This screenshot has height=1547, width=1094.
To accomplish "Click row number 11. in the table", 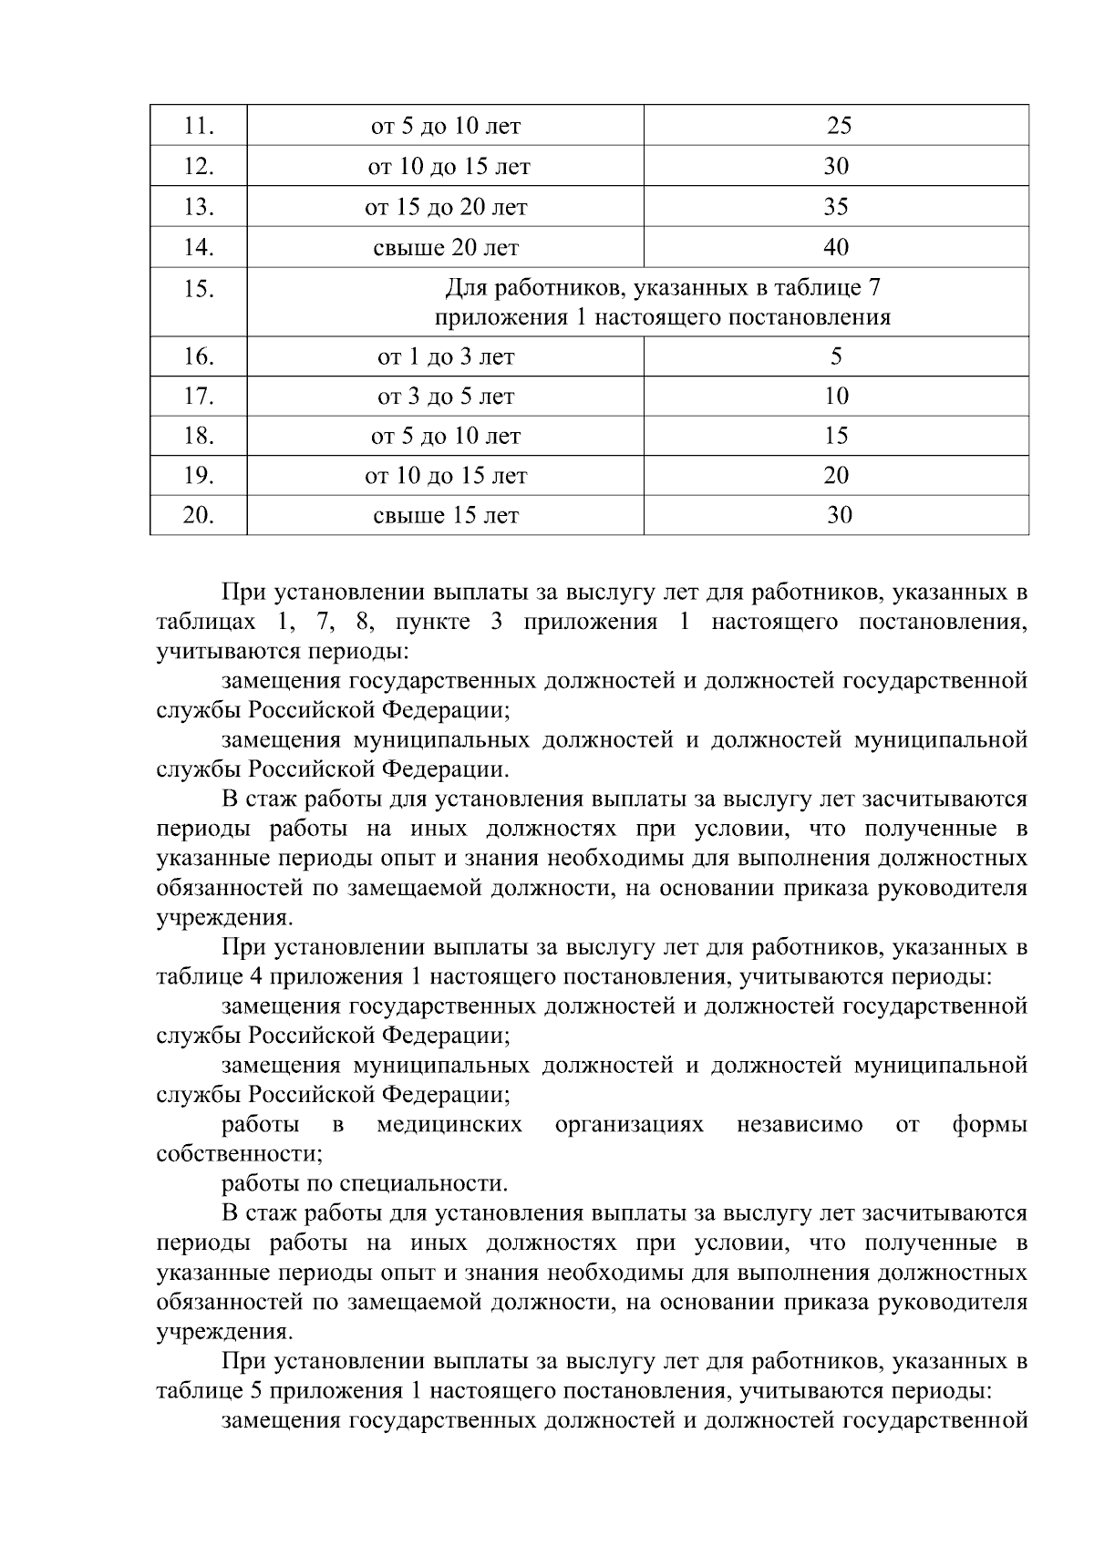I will pyautogui.click(x=198, y=126).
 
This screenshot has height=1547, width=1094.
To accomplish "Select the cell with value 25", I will pyautogui.click(x=838, y=126).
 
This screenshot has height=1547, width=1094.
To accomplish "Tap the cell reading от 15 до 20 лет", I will pyautogui.click(x=446, y=207).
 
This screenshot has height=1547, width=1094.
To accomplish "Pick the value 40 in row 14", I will pyautogui.click(x=836, y=247).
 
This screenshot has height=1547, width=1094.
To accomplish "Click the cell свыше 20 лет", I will pyautogui.click(x=446, y=247).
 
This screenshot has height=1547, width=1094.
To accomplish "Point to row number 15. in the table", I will pyautogui.click(x=198, y=290).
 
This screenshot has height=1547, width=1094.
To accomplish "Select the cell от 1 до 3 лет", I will pyautogui.click(x=446, y=356).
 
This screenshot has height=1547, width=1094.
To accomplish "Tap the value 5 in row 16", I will pyautogui.click(x=836, y=356).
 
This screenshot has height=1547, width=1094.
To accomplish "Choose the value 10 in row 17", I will pyautogui.click(x=836, y=396).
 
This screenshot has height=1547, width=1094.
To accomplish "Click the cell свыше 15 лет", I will pyautogui.click(x=446, y=516).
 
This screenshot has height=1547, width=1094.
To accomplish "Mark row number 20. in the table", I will pyautogui.click(x=198, y=516).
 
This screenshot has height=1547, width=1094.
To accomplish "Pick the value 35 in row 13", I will pyautogui.click(x=836, y=207).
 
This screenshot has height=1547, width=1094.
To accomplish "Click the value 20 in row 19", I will pyautogui.click(x=836, y=476).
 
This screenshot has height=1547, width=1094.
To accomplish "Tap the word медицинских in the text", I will pyautogui.click(x=449, y=1125).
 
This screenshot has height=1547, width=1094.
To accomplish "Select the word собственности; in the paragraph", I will pyautogui.click(x=240, y=1155).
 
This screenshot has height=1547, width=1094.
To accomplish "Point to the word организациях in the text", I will pyautogui.click(x=629, y=1125).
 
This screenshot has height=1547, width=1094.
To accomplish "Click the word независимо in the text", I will pyautogui.click(x=799, y=1125).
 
